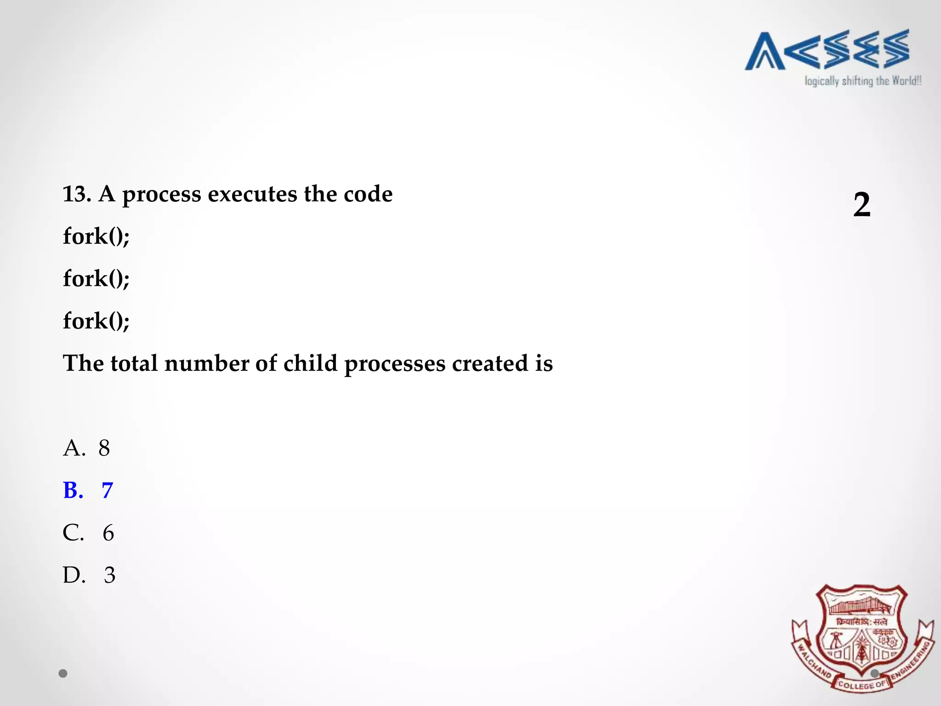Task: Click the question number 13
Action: coord(76,194)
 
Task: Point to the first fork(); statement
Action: coord(96,237)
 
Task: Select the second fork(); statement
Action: coord(96,279)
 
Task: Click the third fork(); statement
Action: coord(96,321)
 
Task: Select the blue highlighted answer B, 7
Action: coord(88,490)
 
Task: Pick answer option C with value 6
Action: coord(88,533)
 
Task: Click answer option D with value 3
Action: coord(89,575)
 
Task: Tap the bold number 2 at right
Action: coord(862,205)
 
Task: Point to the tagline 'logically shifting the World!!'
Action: coord(862,81)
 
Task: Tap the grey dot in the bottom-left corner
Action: coord(63,673)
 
